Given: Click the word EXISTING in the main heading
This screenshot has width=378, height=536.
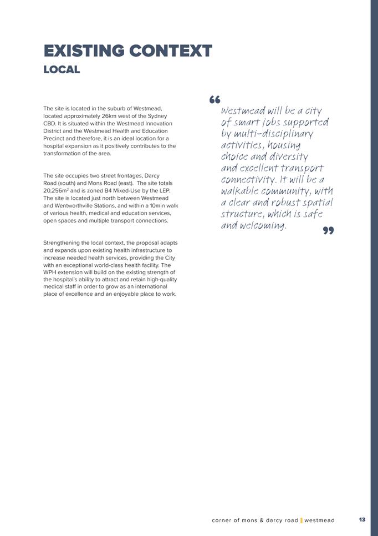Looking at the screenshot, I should pos(84,52).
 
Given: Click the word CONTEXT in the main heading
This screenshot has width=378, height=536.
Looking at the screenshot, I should pos(170,52).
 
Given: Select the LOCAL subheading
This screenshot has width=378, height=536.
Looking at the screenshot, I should pos(62,70).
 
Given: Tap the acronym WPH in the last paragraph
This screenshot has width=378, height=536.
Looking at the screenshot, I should pos(51,272).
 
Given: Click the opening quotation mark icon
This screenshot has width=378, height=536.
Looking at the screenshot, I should pos(215,100).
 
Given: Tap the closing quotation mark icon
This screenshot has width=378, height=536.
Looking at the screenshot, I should pos(328,230).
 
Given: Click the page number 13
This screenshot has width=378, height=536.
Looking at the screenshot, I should pos(362,520).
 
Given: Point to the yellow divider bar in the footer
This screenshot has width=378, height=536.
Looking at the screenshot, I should pos(301,520).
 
